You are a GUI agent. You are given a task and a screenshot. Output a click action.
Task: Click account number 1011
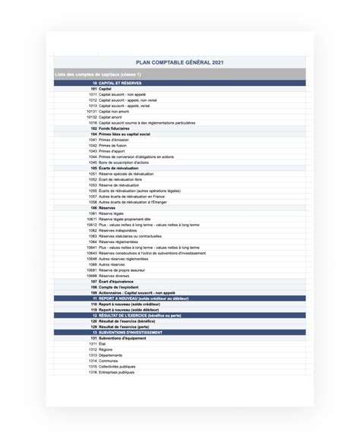point(93,94)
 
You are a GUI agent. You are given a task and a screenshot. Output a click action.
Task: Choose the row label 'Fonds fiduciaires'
point(116,128)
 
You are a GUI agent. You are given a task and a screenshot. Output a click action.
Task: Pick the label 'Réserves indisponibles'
point(118,230)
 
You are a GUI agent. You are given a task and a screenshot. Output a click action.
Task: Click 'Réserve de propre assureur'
point(122,270)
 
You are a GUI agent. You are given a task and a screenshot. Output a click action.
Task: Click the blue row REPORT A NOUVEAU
point(144,298)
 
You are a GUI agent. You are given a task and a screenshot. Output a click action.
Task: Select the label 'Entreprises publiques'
point(117,371)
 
